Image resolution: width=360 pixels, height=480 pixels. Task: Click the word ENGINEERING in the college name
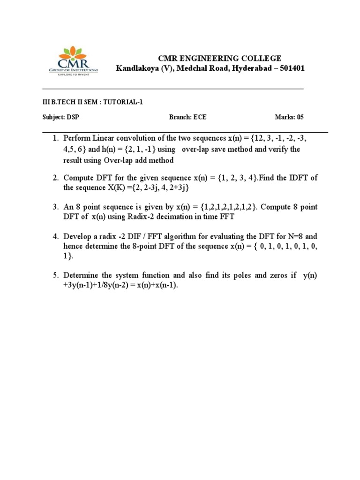(x=203, y=59)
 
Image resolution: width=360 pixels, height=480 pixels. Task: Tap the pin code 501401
(x=292, y=68)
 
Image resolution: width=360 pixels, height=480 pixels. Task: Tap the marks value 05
(x=300, y=117)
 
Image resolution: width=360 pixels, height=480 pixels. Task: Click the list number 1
(x=54, y=140)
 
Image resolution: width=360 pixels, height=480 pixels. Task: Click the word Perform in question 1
(x=76, y=140)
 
